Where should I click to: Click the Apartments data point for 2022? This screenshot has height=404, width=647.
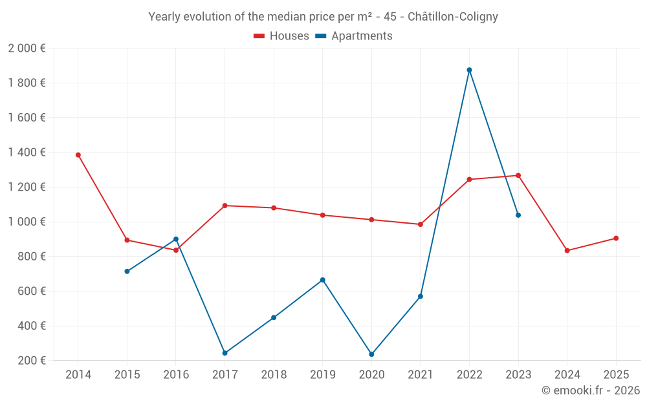coord(469,70)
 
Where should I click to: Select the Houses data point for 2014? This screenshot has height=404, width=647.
coord(78,155)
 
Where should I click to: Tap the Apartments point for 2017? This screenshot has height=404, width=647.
coord(225,353)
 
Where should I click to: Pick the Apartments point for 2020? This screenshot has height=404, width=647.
coord(371,354)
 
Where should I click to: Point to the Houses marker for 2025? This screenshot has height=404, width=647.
coord(616,239)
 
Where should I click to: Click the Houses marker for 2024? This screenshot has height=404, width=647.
coord(567,251)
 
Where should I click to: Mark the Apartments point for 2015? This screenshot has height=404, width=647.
coord(127,271)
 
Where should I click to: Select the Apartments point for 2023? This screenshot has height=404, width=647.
coord(518,215)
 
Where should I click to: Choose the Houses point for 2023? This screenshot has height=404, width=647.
coord(518,175)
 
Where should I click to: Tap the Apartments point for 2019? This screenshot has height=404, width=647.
coord(322,280)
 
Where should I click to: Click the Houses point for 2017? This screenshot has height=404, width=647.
coord(225,206)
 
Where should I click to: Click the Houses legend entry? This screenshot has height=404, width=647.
coord(281,36)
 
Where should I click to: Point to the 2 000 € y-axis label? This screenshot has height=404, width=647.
coord(27,48)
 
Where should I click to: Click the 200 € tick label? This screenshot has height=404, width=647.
coord(31,361)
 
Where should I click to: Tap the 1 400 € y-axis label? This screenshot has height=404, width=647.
coord(27,153)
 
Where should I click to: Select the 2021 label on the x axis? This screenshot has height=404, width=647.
coord(421,375)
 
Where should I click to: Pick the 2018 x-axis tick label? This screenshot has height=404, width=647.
coord(274,375)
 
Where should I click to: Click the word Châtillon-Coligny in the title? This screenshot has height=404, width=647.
coord(453,17)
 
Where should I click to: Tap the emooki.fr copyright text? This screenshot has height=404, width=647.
coord(591,390)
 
